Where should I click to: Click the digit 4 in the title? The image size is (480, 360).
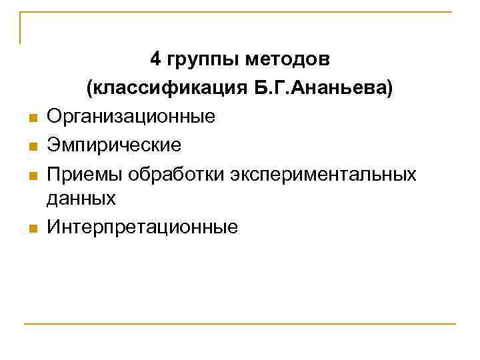coord(155,60)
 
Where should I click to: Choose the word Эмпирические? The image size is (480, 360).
coord(114,145)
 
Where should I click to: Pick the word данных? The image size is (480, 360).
coord(81,198)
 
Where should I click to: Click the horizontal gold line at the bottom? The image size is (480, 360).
coord(240,324)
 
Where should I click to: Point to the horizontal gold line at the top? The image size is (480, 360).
coord(240,12)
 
